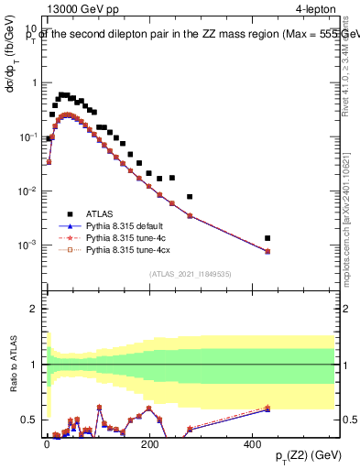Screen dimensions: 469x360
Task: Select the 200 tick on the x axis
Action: pyautogui.click(x=149, y=442)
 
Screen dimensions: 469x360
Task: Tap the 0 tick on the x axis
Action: pyautogui.click(x=47, y=442)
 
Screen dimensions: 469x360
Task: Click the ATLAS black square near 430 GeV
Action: pyautogui.click(x=267, y=238)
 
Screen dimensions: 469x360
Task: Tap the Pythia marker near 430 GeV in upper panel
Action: pyautogui.click(x=267, y=251)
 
